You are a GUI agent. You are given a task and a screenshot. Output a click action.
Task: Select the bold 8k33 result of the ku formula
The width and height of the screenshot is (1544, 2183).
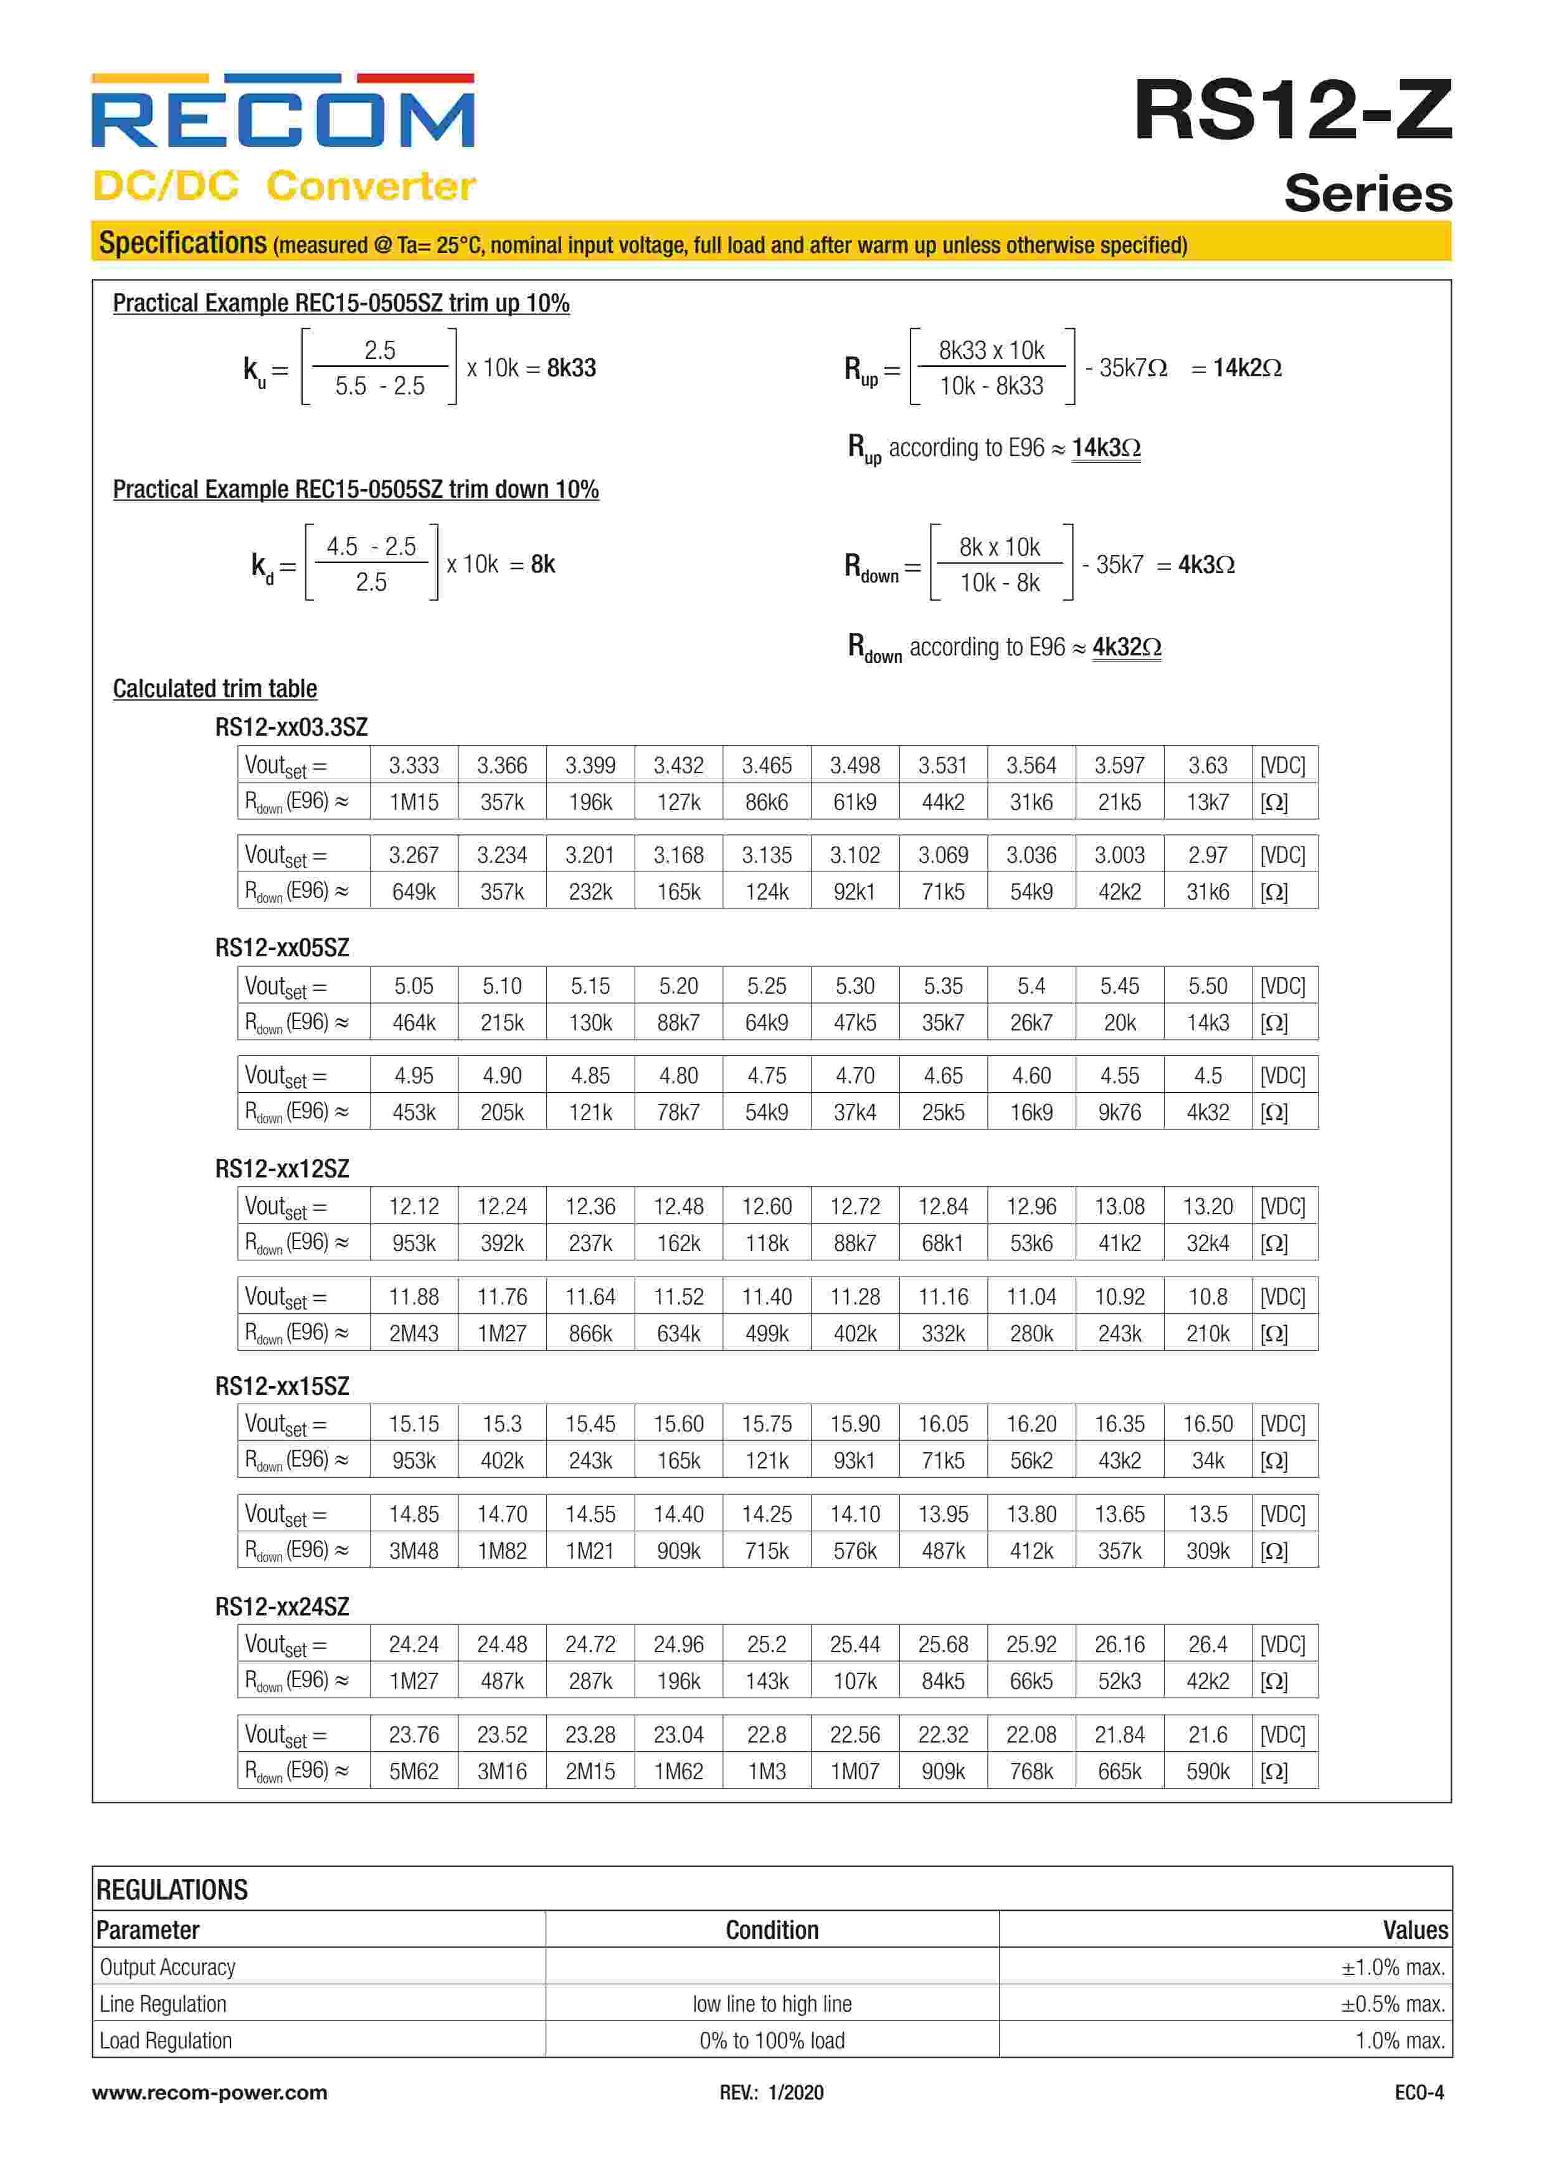click(x=571, y=368)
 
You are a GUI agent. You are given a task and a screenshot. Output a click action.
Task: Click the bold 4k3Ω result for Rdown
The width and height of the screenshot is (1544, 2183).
click(x=1206, y=565)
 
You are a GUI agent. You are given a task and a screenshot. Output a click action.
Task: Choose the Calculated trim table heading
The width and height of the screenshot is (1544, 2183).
click(x=215, y=688)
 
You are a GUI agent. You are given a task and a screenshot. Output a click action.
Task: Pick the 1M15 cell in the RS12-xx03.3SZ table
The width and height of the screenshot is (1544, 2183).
click(x=414, y=802)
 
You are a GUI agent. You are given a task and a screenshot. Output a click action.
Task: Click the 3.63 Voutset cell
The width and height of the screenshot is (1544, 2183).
click(x=1208, y=766)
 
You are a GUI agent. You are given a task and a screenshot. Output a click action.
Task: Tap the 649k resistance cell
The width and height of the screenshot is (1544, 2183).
click(x=414, y=892)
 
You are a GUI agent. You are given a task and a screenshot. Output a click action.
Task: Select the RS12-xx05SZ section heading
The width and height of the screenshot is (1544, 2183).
click(x=282, y=948)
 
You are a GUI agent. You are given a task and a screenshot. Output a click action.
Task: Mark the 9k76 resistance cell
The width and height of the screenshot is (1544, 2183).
click(x=1119, y=1113)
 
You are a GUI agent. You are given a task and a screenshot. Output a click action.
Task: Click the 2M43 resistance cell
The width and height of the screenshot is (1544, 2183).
click(x=414, y=1334)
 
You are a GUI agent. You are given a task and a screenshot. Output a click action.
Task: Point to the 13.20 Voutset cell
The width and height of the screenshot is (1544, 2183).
click(x=1208, y=1207)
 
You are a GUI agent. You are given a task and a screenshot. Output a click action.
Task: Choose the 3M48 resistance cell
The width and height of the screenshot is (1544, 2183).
click(x=414, y=1551)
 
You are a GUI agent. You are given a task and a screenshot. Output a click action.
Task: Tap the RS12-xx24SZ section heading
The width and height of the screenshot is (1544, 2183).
click(x=282, y=1607)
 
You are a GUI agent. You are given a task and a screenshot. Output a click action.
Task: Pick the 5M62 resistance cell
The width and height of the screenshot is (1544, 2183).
click(x=414, y=1771)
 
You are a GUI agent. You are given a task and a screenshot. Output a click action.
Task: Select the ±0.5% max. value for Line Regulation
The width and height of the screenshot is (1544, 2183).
click(x=1393, y=2004)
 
